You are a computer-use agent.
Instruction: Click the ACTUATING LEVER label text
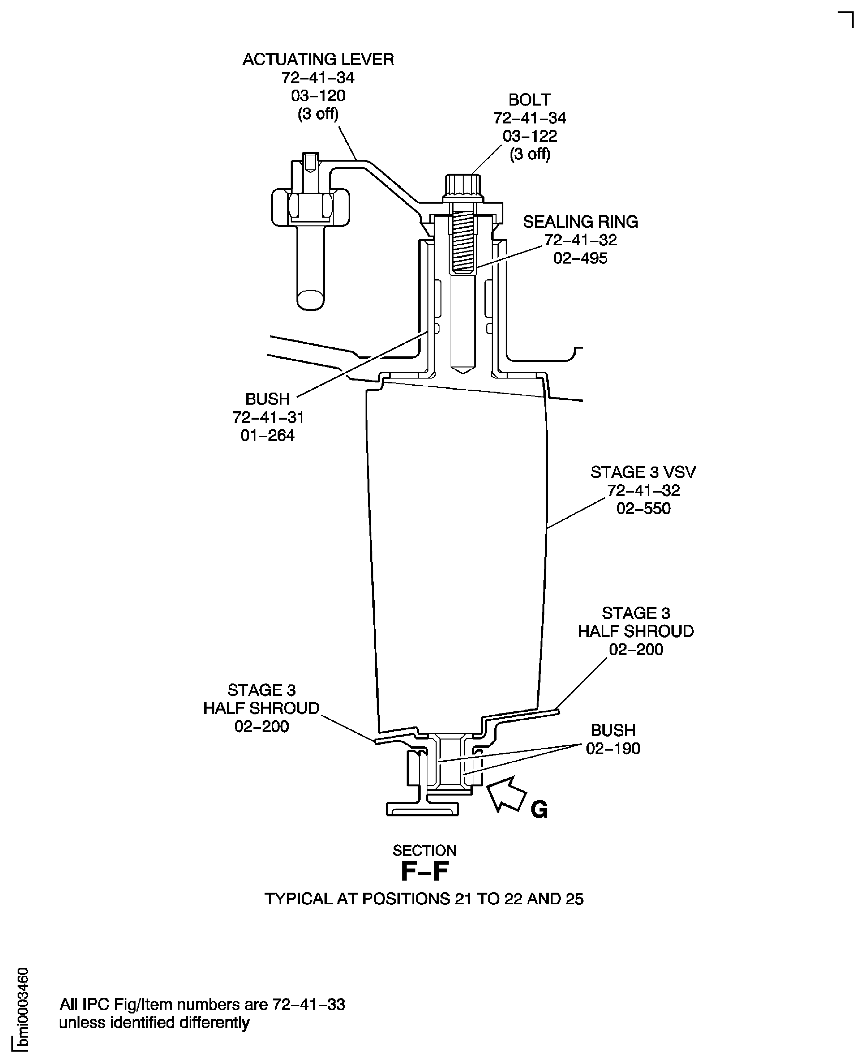point(318,60)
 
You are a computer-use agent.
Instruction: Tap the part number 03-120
point(318,96)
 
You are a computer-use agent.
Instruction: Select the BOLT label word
point(529,100)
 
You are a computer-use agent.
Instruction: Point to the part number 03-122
point(530,136)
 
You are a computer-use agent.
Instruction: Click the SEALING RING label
point(581,222)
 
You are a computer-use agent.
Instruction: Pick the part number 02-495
point(581,259)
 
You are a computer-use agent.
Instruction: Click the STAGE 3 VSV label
point(643,472)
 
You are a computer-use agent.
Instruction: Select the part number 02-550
point(643,509)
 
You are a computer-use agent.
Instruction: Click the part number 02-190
point(613,749)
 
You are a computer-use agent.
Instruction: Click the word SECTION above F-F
point(425,850)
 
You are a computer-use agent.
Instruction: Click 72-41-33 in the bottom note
point(309,1004)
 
